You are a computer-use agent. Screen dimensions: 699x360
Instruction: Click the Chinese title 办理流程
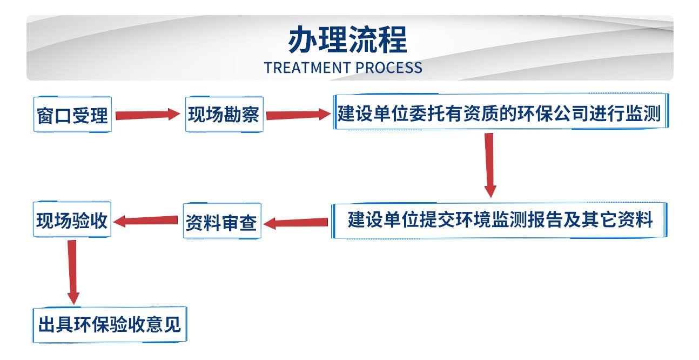348,39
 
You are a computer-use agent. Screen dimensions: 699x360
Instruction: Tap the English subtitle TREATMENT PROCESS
343,68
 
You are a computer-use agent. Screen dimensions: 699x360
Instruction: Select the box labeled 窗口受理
72,114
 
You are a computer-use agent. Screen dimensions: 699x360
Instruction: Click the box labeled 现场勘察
224,114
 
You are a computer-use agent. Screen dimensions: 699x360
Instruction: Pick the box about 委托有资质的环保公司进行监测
501,111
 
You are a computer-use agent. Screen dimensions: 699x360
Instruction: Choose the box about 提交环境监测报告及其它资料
499,221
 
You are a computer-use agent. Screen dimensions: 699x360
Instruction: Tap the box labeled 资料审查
222,221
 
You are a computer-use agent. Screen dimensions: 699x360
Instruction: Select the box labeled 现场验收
72,219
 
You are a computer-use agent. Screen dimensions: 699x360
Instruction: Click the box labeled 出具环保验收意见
110,325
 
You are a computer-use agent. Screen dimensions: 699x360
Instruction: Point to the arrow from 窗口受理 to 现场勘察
148,115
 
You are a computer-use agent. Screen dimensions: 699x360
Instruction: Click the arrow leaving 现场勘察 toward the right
299,115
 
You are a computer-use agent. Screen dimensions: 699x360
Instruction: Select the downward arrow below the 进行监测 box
490,165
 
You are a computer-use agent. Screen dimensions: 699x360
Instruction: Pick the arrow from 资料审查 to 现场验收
145,221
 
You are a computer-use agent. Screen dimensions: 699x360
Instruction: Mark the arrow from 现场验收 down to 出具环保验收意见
73,272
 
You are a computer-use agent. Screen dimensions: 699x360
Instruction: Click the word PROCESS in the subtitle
389,68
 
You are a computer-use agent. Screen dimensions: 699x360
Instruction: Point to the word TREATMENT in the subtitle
307,68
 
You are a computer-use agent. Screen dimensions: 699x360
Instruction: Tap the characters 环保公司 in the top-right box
553,114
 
